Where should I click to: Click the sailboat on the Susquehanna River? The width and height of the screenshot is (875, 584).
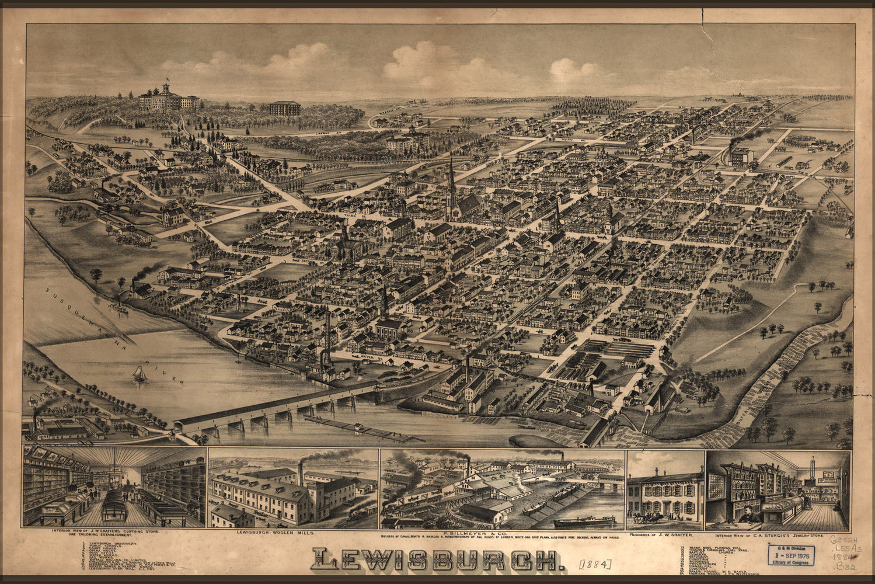click(x=139, y=374)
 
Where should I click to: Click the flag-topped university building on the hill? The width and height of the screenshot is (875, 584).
click(x=167, y=99)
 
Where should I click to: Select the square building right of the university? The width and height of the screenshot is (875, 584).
click(x=285, y=108)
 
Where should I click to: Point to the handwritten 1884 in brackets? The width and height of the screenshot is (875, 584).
click(x=595, y=564)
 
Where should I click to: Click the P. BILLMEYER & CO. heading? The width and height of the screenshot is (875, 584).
click(x=502, y=533)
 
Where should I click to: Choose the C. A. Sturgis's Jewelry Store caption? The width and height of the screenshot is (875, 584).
click(x=778, y=534)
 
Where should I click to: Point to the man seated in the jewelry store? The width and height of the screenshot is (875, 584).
click(x=748, y=514)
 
